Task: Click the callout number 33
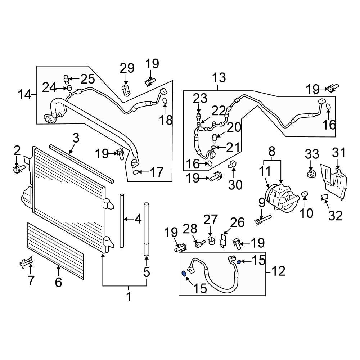click(x=312, y=154)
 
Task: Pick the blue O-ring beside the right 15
click(x=239, y=261)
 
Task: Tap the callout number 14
click(x=25, y=95)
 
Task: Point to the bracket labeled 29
click(x=126, y=90)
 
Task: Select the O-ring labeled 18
click(x=164, y=101)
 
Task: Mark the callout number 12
click(x=279, y=271)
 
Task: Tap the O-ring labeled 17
click(x=135, y=172)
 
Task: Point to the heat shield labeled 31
click(x=335, y=180)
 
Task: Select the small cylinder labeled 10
click(x=305, y=195)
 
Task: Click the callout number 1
click(x=129, y=297)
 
